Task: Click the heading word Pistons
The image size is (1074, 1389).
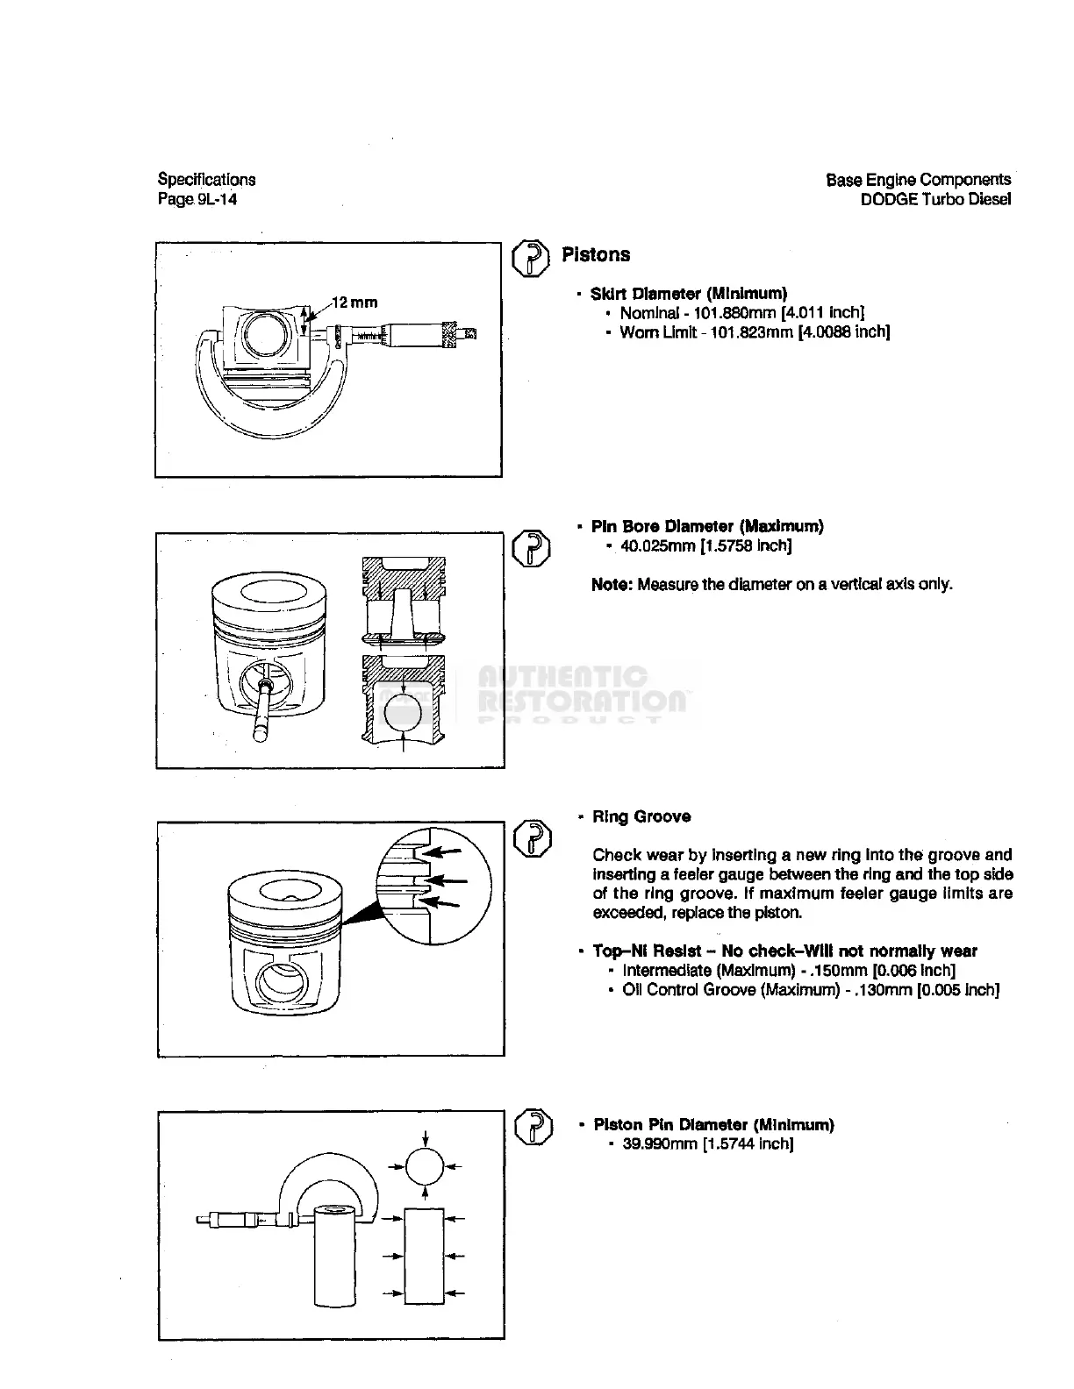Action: click(596, 255)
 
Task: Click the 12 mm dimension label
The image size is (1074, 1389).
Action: click(355, 303)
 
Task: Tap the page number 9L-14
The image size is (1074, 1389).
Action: click(209, 199)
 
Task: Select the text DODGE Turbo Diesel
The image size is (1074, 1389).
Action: click(935, 199)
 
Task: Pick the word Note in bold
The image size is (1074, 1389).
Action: click(612, 584)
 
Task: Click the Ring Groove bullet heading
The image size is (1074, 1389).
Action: click(641, 817)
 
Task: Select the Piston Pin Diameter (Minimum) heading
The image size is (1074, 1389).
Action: click(713, 1125)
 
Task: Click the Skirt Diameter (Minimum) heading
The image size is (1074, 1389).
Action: click(689, 294)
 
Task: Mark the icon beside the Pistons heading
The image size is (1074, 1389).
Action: click(530, 258)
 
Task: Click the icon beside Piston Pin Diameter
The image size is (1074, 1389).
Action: click(533, 1127)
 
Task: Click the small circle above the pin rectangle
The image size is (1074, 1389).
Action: click(425, 1167)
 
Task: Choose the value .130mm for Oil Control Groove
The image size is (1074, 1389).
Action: click(879, 990)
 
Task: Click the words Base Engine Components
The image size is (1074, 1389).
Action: click(918, 180)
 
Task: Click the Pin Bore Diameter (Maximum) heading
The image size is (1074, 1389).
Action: click(707, 527)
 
